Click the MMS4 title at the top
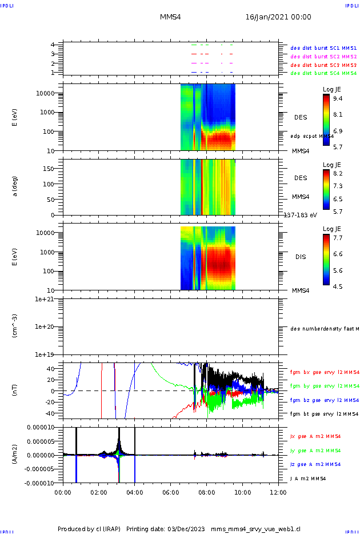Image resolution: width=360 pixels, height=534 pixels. pyautogui.click(x=170, y=17)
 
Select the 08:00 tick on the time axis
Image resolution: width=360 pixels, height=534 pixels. pyautogui.click(x=206, y=491)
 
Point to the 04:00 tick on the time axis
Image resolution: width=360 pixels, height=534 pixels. pyautogui.click(x=135, y=491)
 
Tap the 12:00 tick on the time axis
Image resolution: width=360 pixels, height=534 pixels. pyautogui.click(x=278, y=491)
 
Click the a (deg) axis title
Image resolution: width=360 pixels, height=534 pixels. pyautogui.click(x=15, y=186)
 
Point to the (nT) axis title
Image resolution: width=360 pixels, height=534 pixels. pyautogui.click(x=15, y=391)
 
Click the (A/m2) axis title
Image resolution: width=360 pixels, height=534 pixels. pyautogui.click(x=15, y=455)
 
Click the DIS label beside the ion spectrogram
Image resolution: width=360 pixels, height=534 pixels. pyautogui.click(x=301, y=257)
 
